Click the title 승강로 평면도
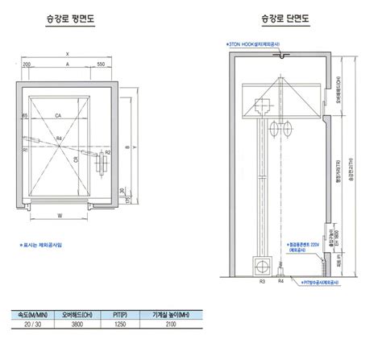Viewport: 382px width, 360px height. [x=73, y=18]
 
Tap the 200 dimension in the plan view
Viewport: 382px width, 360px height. [x=26, y=63]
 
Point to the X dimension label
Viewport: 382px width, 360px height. [x=69, y=54]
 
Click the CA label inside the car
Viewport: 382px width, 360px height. [x=59, y=118]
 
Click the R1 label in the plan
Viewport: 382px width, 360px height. [x=26, y=150]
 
